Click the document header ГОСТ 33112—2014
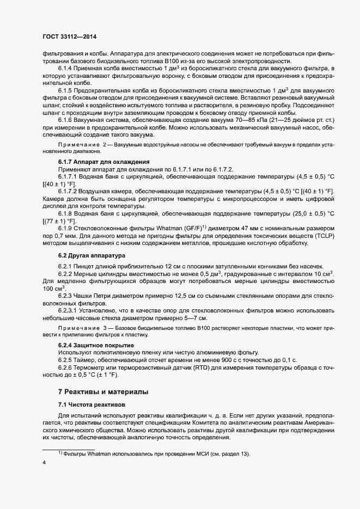point(69,36)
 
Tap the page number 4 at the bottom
point(44,463)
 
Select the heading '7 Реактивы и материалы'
point(102,392)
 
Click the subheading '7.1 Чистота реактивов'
point(91,406)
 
